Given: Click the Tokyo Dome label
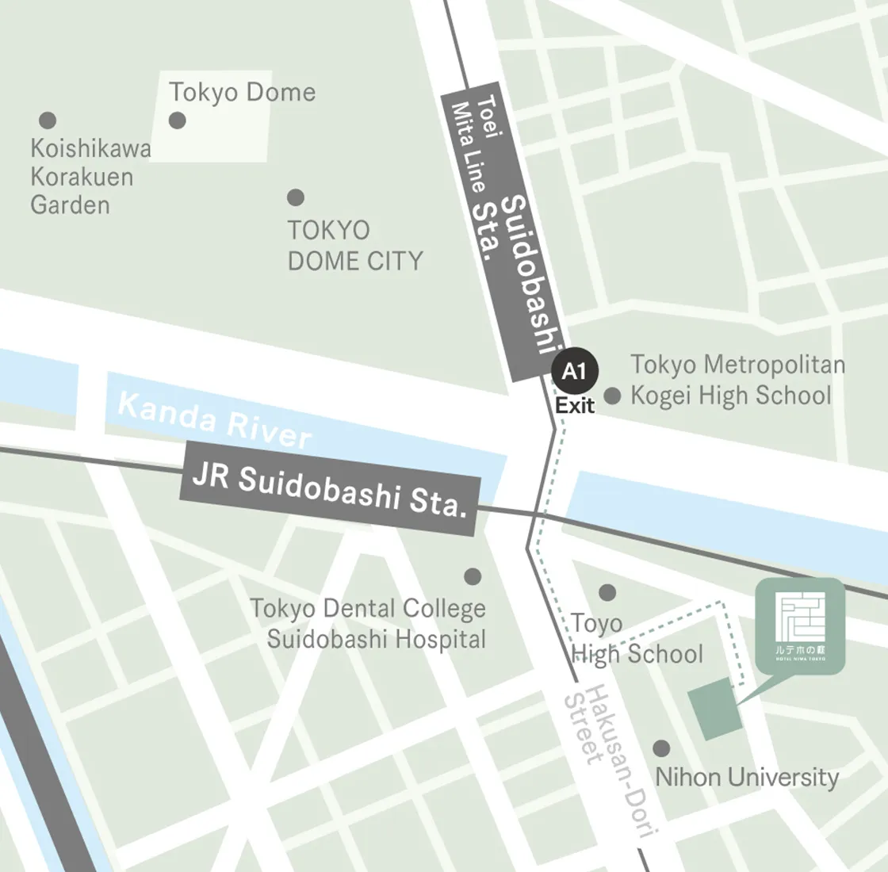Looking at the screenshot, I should coord(242,93).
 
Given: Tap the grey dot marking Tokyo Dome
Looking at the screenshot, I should coord(178,120).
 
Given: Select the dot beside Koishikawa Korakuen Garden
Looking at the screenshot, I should coord(48,120).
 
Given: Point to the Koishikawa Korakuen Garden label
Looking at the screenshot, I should coord(90,177).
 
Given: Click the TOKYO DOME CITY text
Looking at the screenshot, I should coord(354,246).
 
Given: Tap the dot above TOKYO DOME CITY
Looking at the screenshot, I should coord(296,197).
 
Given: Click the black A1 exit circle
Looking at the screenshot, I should coord(575,372).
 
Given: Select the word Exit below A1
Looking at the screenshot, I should coord(575,406).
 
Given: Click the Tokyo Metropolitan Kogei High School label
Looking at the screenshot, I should coord(737,381).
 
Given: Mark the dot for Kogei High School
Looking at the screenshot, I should coord(612,396).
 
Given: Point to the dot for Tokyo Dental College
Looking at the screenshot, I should coord(473,576).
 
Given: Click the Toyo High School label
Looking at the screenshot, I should coord(637,639).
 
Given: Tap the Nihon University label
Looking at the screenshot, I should coord(747,778).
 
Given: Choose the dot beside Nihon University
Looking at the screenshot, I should coord(660,748).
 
